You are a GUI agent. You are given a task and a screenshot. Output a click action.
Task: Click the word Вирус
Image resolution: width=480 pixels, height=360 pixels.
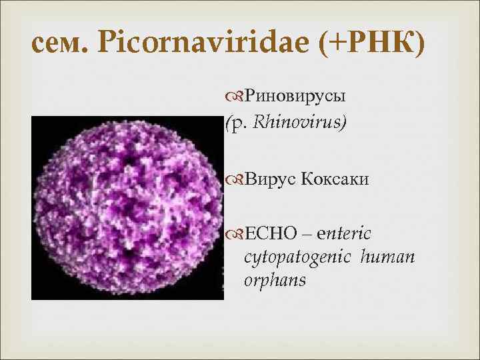coord(271,178)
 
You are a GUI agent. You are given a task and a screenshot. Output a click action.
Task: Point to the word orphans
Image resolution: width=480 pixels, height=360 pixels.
coord(275,280)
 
